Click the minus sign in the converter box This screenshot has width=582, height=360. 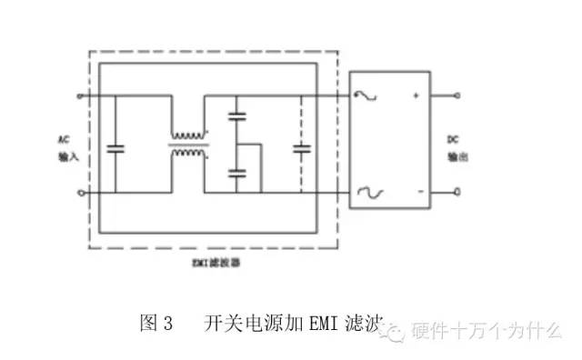click(418, 192)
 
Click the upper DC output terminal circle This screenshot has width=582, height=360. click(457, 95)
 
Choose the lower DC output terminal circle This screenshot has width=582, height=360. click(457, 192)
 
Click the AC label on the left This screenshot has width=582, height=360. click(63, 141)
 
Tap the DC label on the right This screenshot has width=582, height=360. click(452, 140)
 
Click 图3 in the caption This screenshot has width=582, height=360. click(156, 323)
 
